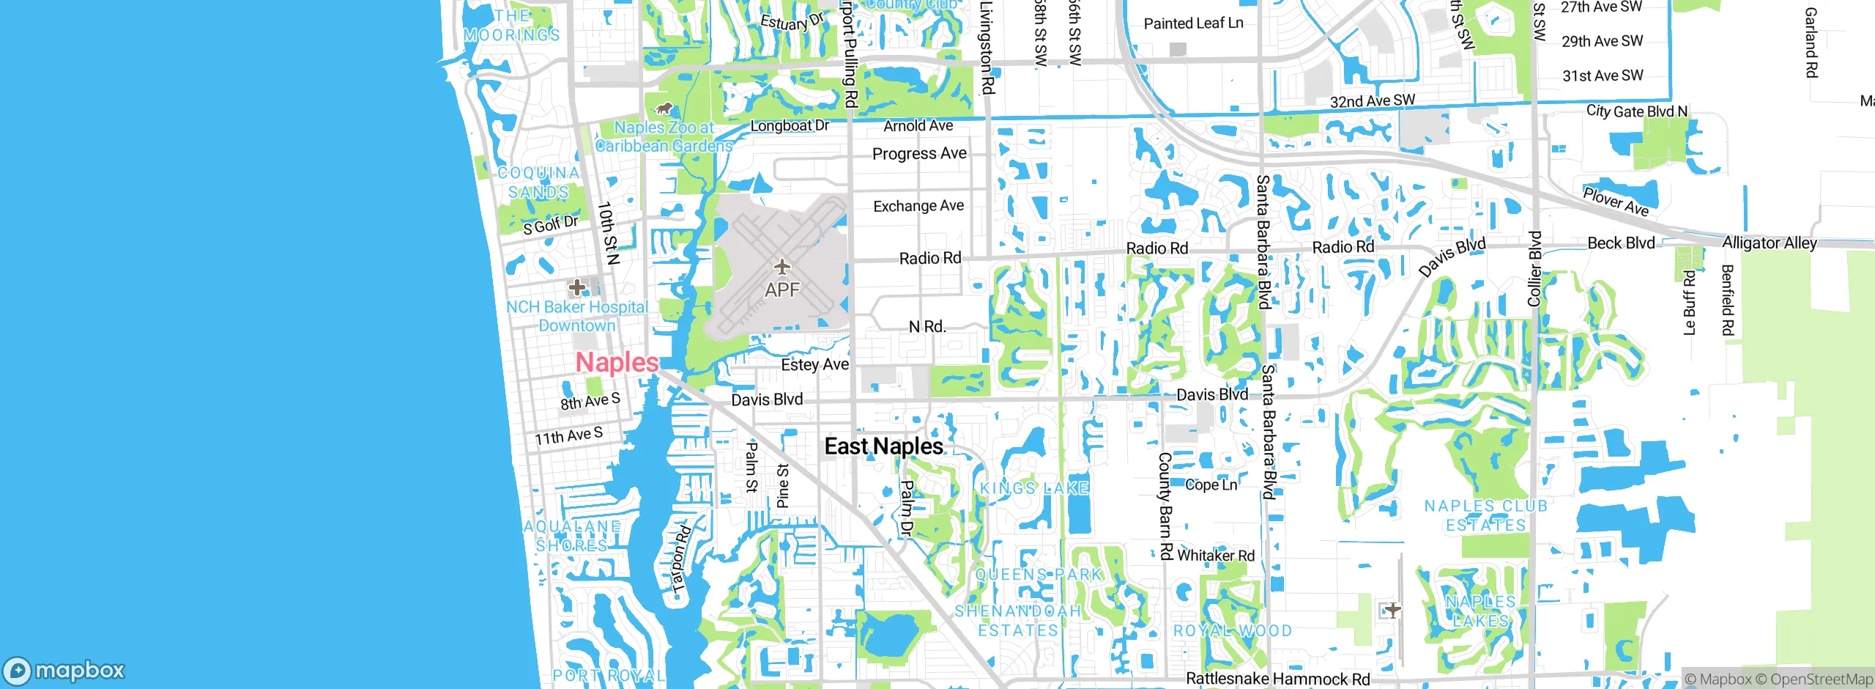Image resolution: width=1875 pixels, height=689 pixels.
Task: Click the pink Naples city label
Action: (617, 362)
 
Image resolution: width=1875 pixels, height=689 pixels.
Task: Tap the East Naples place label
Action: (883, 446)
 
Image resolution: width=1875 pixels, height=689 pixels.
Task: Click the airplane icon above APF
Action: (782, 267)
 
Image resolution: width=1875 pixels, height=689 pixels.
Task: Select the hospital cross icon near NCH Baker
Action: (577, 287)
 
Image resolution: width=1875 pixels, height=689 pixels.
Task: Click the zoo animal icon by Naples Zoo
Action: (664, 110)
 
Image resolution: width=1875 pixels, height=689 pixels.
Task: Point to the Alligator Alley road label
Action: (1769, 243)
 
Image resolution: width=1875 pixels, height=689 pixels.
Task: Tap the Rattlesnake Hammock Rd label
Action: (1277, 679)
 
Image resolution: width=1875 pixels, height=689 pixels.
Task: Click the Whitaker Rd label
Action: (1216, 556)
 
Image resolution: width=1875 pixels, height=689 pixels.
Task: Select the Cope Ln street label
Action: (1211, 484)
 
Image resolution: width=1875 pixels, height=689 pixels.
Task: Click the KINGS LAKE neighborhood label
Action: (1034, 488)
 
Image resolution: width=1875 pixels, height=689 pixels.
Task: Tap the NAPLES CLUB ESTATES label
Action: (1485, 515)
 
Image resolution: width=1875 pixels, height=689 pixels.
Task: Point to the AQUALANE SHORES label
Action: (572, 536)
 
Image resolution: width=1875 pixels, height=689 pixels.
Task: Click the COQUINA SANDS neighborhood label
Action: (538, 183)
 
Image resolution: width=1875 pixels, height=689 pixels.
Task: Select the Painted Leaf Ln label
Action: (1193, 23)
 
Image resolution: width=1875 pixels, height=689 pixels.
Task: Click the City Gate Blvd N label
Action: (1636, 111)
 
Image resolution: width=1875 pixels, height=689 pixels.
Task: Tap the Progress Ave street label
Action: (919, 154)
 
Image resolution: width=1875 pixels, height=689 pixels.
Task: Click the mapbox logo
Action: (64, 670)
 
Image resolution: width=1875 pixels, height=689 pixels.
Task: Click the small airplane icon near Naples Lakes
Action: (1392, 609)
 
